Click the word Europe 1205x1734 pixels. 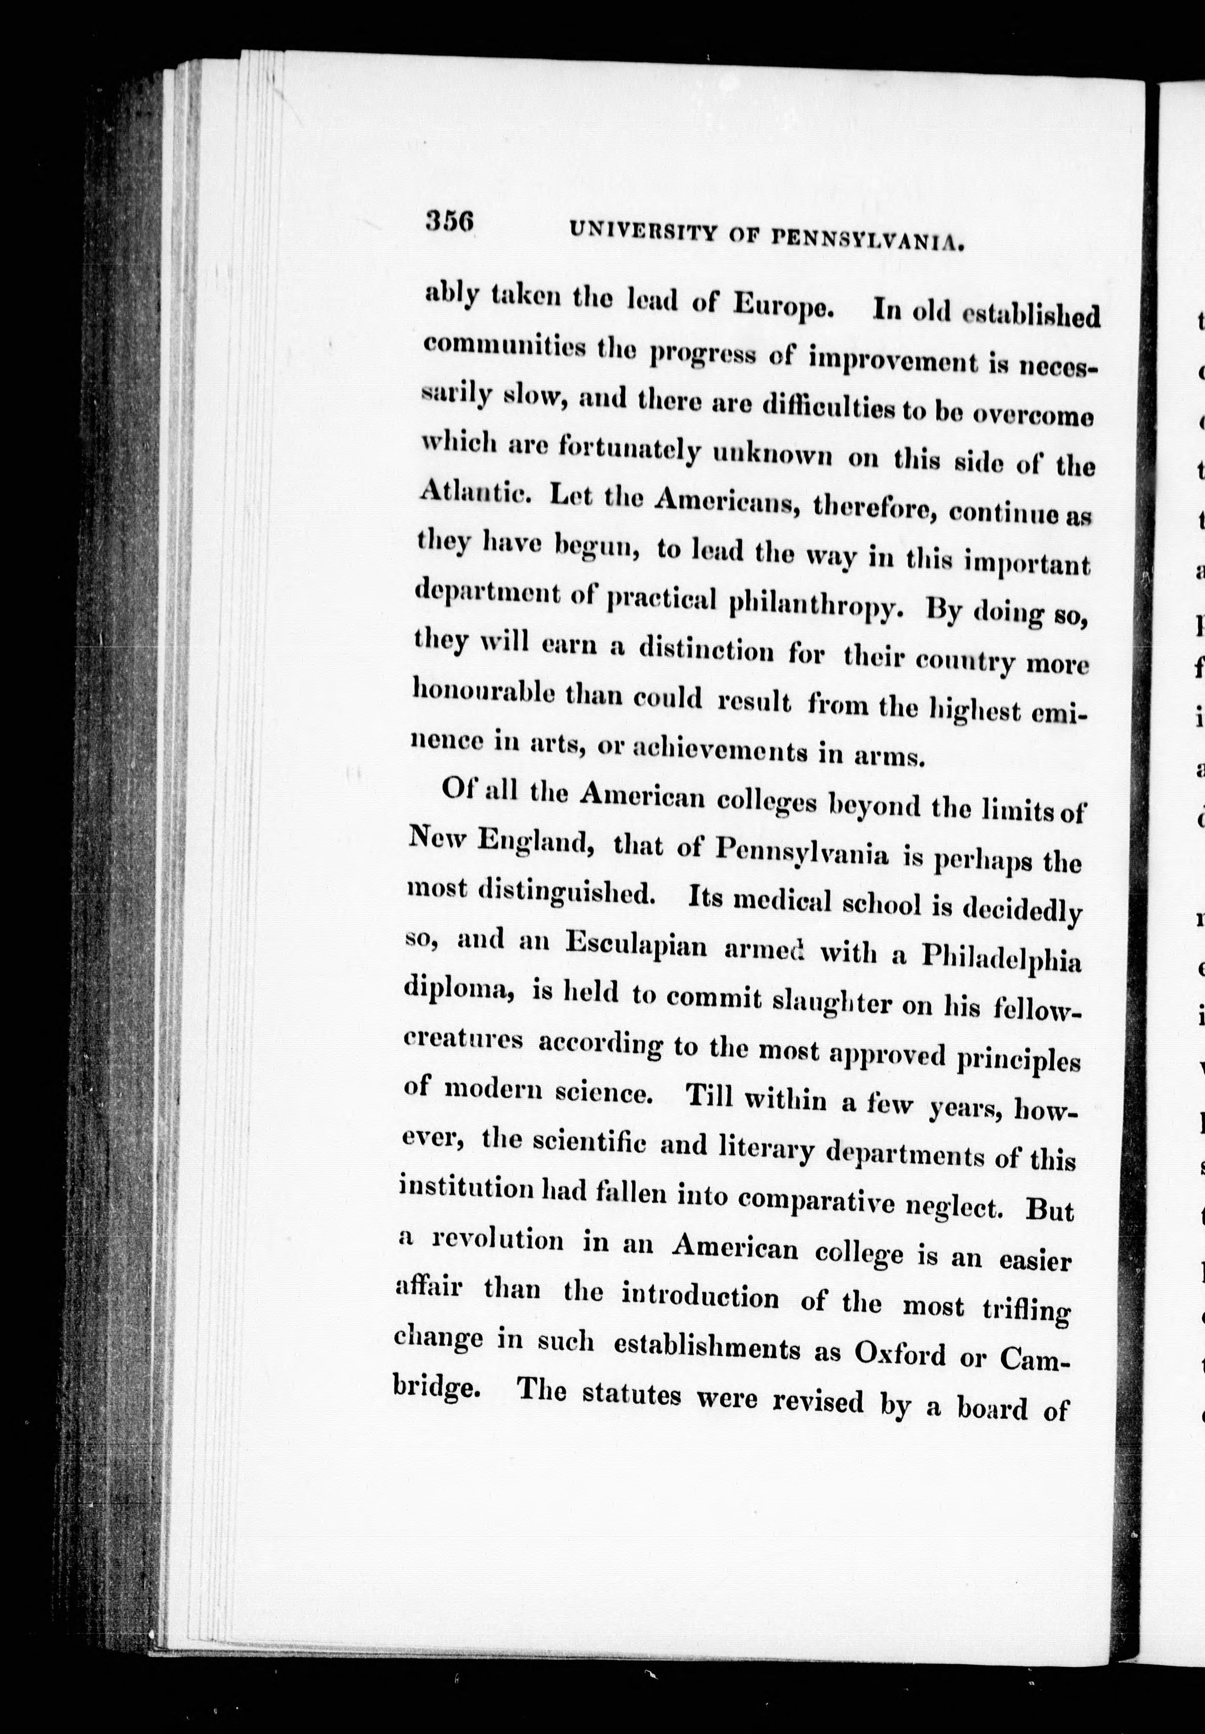tap(784, 306)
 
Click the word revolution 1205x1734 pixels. tap(497, 1241)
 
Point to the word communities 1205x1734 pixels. tap(505, 348)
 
